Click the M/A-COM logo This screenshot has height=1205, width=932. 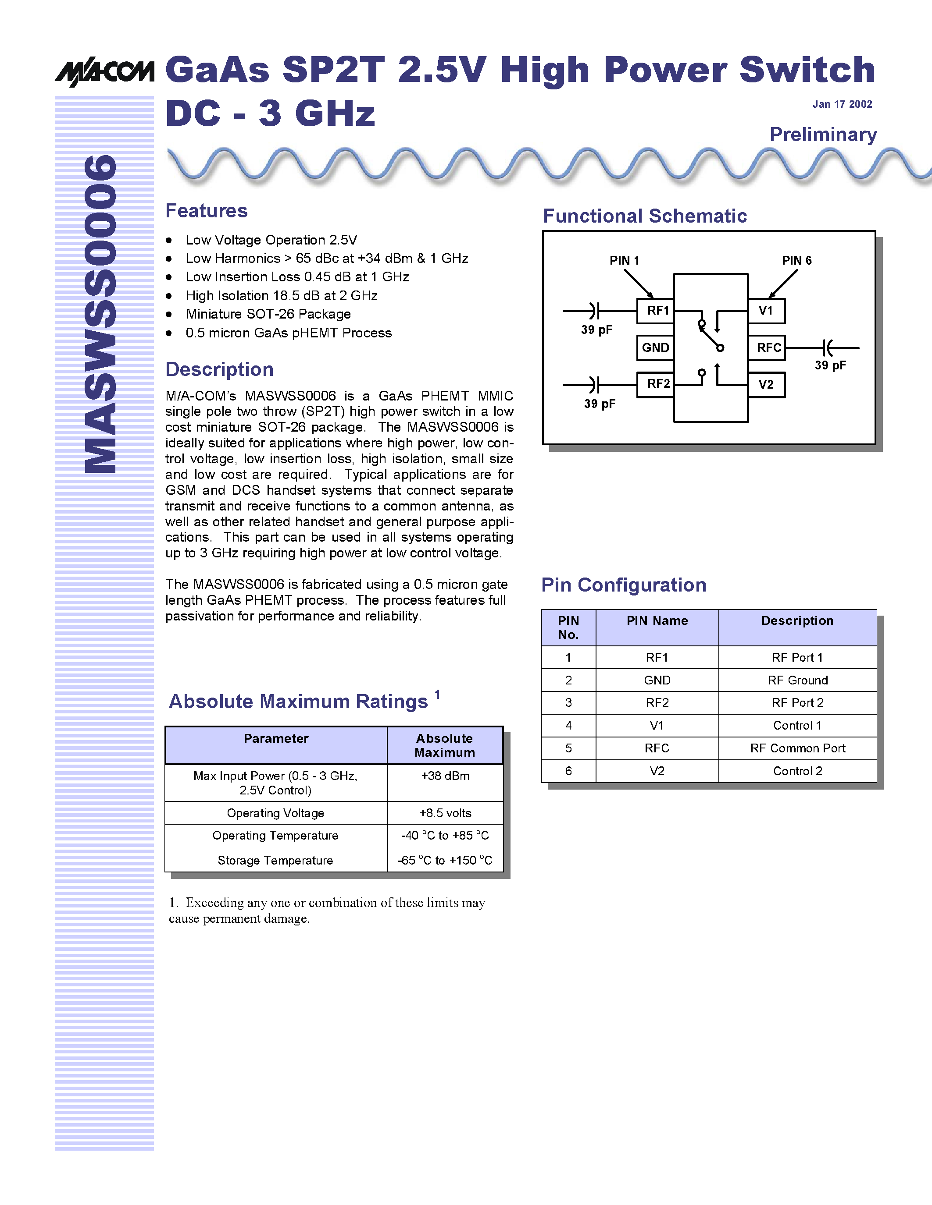tap(104, 71)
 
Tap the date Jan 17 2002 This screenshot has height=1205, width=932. tap(842, 104)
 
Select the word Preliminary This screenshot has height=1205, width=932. tap(823, 135)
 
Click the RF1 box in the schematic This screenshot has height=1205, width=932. tap(655, 311)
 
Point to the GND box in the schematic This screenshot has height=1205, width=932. tap(655, 347)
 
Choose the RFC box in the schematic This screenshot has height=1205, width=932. tap(767, 347)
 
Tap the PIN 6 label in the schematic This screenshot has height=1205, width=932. tap(796, 260)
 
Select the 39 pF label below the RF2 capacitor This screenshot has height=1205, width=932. tap(600, 404)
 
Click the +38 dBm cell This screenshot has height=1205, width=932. tap(445, 776)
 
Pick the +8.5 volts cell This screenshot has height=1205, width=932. tap(445, 813)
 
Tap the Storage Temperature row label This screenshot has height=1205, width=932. tap(275, 860)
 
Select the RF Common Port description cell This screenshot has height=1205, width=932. tap(797, 748)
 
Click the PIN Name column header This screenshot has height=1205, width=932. tap(657, 621)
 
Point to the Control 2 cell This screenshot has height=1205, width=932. tap(797, 771)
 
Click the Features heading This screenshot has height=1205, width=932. tap(207, 211)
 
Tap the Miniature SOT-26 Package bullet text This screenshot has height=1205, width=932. tap(268, 314)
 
